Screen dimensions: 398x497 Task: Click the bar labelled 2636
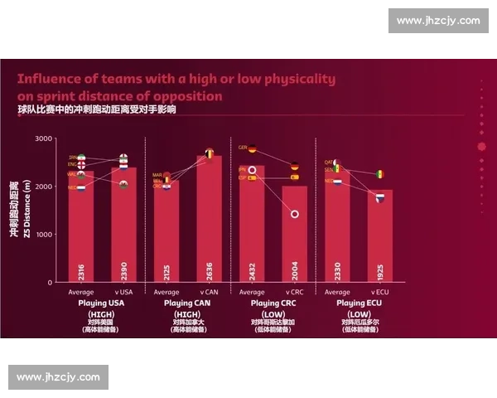pyautogui.click(x=209, y=220)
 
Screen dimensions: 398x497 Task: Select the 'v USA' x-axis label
pyautogui.click(x=123, y=292)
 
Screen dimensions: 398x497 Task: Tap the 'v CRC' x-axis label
pyautogui.click(x=295, y=292)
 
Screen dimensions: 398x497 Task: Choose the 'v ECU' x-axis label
pyautogui.click(x=380, y=292)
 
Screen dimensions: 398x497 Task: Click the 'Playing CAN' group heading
pyautogui.click(x=185, y=303)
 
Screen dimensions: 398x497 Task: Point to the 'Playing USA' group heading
pyautogui.click(x=102, y=303)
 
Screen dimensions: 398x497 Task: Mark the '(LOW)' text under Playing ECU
pyautogui.click(x=358, y=314)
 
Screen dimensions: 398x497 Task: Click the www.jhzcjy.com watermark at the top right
pyautogui.click(x=437, y=20)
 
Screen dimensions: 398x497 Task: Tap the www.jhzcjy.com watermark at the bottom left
pyautogui.click(x=58, y=377)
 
